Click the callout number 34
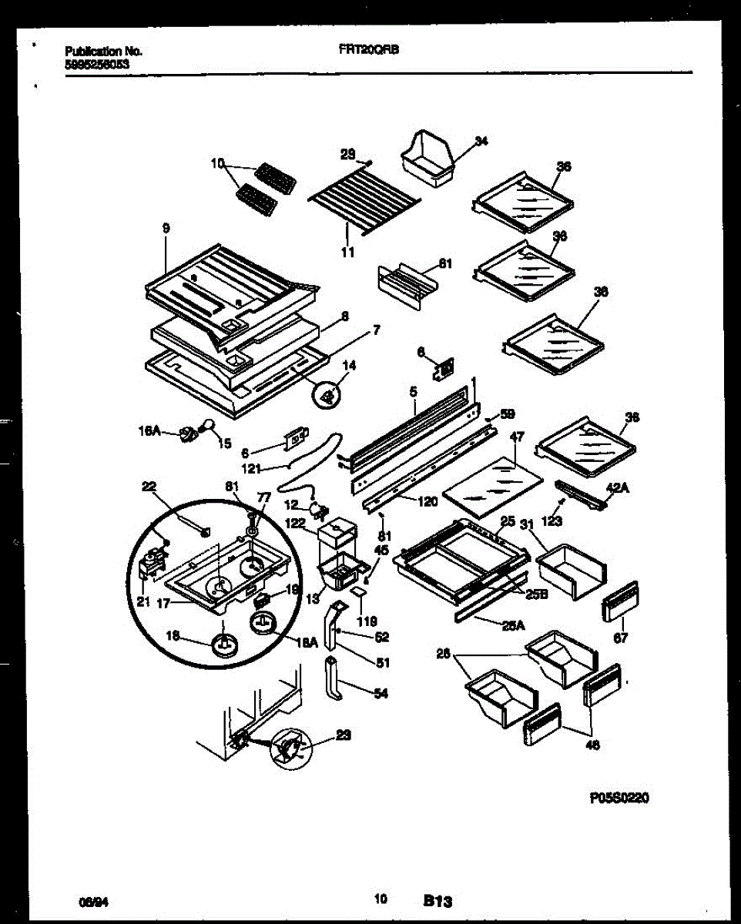point(481,141)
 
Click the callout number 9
point(166,228)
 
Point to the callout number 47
point(517,436)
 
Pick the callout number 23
point(344,735)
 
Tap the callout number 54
point(381,693)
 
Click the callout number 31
point(528,525)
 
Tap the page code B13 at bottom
point(437,899)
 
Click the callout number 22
point(149,485)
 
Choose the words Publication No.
point(103,52)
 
